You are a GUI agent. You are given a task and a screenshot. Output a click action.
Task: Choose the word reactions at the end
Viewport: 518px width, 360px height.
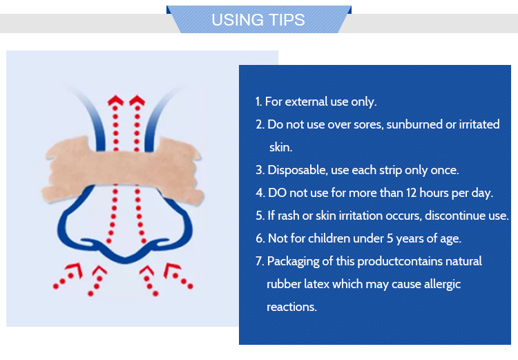click(291, 307)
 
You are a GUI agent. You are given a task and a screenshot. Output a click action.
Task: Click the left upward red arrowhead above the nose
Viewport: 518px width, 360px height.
click(115, 100)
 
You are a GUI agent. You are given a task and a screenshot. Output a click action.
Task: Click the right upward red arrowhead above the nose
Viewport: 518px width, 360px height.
click(137, 100)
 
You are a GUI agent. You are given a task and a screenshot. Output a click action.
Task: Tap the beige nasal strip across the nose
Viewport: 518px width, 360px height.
click(122, 169)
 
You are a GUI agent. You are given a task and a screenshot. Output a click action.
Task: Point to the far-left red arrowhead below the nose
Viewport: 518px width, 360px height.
click(75, 269)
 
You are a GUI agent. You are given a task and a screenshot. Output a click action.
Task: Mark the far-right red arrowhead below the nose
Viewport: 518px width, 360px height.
click(172, 269)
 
